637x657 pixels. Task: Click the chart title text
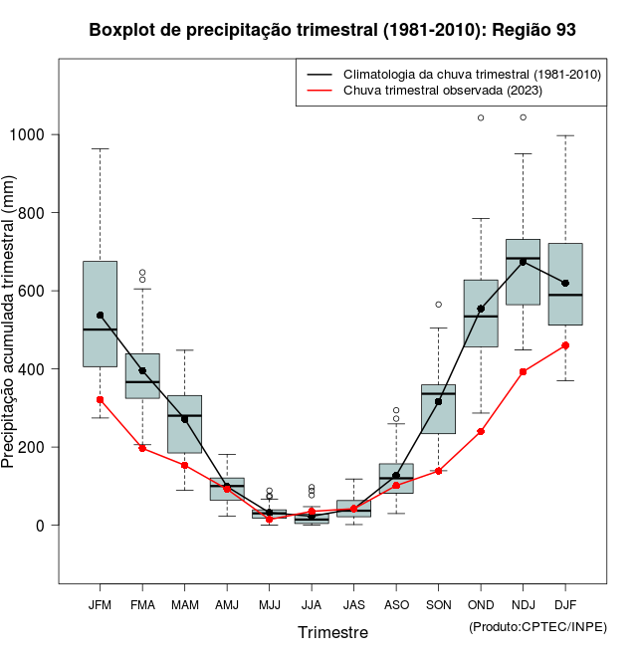pos(332,30)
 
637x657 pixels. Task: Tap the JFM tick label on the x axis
pos(100,604)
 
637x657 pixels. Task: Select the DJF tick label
pos(565,604)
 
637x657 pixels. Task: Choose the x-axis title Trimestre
pos(332,632)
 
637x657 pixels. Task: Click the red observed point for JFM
pos(100,399)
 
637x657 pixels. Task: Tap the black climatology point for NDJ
pos(523,262)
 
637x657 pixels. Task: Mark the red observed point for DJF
pos(565,345)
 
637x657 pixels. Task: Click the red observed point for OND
pos(481,431)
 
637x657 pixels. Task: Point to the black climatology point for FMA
pos(142,370)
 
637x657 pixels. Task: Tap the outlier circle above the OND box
pos(481,117)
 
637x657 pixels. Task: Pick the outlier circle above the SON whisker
pos(438,305)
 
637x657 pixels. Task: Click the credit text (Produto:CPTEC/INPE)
pos(537,626)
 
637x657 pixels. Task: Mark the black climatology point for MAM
pos(184,419)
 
